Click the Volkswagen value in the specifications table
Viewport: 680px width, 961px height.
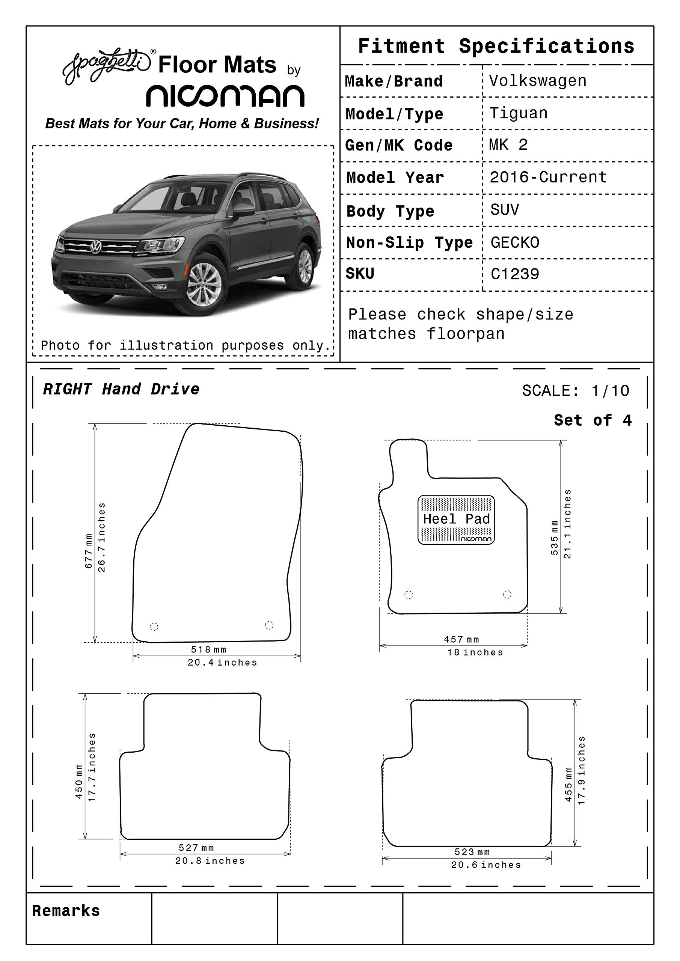[x=538, y=81]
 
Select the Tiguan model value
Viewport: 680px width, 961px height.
[x=519, y=113]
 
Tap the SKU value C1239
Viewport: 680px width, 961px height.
[x=515, y=274]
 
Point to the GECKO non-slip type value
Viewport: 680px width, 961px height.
[x=515, y=243]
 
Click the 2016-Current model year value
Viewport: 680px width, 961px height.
[x=548, y=177]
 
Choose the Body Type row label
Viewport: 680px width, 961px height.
[x=390, y=211]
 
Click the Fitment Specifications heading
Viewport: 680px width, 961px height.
[x=496, y=46]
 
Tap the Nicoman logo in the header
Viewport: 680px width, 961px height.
[x=225, y=96]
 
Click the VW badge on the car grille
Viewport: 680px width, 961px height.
[x=96, y=247]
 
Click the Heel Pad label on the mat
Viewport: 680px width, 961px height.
[x=456, y=519]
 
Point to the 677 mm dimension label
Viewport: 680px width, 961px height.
[x=89, y=551]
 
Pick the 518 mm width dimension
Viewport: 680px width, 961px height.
[x=208, y=649]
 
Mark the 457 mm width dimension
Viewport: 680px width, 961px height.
[x=461, y=639]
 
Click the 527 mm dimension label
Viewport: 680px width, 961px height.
[x=196, y=848]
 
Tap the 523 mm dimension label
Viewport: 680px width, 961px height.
[x=472, y=852]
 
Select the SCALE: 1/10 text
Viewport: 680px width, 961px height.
[x=575, y=390]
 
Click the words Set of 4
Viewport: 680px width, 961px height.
[x=593, y=420]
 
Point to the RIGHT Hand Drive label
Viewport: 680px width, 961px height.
[x=121, y=389]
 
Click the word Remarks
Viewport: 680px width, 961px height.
[x=66, y=911]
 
